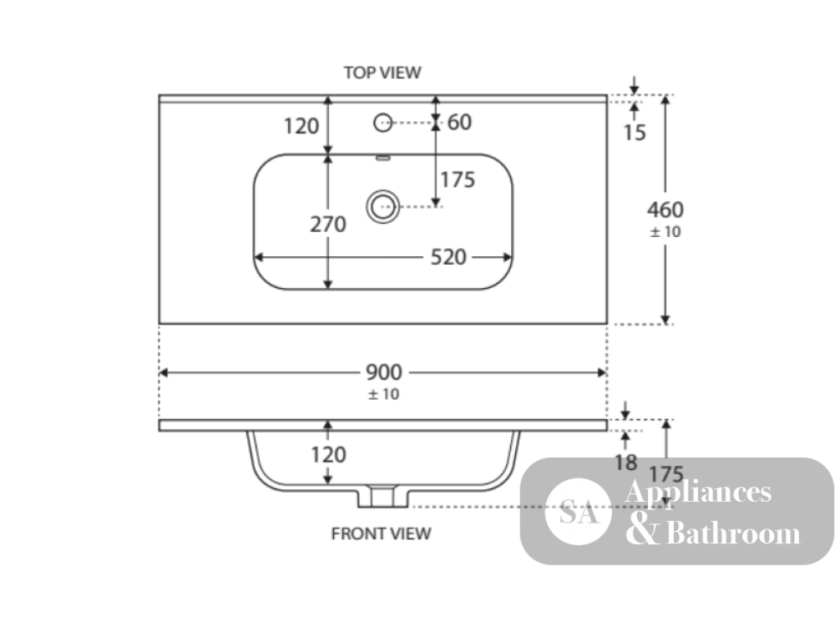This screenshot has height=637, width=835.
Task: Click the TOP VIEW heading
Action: (x=382, y=73)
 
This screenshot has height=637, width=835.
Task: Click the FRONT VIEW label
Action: (x=382, y=533)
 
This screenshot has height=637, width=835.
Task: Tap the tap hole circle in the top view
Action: (x=383, y=123)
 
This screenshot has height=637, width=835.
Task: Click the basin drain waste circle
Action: (x=383, y=206)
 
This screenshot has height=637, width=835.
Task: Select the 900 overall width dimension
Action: (x=384, y=372)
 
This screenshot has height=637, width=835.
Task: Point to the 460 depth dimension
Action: (x=665, y=210)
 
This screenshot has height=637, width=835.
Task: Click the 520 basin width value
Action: (x=448, y=257)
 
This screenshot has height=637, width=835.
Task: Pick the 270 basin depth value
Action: (x=328, y=225)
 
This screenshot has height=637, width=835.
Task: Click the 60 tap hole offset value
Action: (x=459, y=123)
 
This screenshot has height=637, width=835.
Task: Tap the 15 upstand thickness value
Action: (x=635, y=133)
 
